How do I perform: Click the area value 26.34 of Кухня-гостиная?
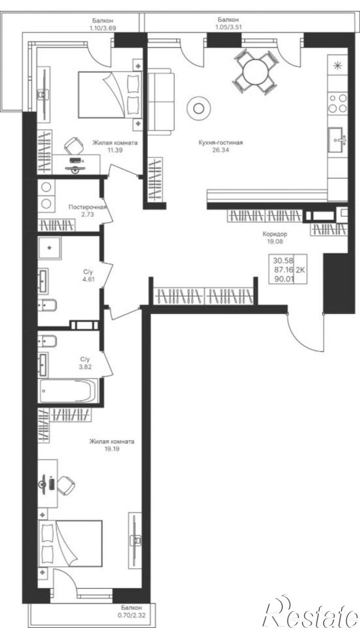(220, 150)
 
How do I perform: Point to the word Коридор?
(275, 234)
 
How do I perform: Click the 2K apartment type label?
(300, 270)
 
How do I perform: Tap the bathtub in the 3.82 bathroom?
(68, 391)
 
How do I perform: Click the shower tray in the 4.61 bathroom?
(50, 248)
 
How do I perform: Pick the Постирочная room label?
(87, 207)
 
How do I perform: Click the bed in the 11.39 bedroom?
(110, 94)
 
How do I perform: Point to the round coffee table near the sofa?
(198, 108)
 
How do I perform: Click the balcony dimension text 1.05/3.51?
(228, 27)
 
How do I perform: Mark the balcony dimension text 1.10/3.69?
(102, 28)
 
